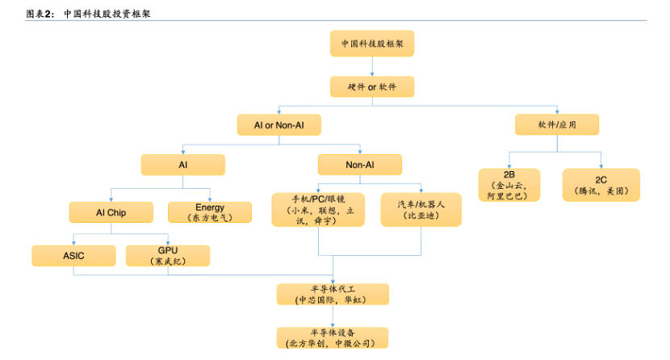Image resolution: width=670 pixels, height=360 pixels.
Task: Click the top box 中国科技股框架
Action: point(372,44)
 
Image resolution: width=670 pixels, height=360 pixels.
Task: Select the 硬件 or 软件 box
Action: point(372,87)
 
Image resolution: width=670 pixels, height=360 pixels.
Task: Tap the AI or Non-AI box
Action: point(278,125)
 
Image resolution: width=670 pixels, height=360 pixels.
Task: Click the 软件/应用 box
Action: point(557,125)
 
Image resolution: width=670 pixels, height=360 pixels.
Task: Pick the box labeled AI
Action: point(183,165)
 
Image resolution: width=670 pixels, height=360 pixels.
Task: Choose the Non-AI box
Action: point(360,165)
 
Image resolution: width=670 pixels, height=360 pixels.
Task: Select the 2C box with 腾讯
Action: point(601,185)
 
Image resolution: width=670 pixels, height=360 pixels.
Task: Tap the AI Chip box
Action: point(111,212)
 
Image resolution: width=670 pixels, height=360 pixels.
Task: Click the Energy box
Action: point(210,212)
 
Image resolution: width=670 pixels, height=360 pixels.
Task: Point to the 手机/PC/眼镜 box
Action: point(317,209)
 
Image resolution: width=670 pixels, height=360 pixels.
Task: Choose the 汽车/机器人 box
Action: point(421,209)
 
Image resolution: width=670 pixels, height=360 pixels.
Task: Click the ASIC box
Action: point(73,256)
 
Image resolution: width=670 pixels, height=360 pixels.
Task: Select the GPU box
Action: point(168,256)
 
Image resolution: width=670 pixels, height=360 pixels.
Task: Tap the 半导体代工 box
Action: point(333,294)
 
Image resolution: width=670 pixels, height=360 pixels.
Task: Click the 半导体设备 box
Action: point(333,337)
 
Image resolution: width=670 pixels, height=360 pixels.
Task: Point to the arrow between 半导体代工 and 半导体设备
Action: point(333,316)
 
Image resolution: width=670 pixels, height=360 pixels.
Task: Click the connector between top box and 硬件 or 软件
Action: point(372,66)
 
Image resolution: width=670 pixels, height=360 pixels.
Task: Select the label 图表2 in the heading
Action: point(40,14)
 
